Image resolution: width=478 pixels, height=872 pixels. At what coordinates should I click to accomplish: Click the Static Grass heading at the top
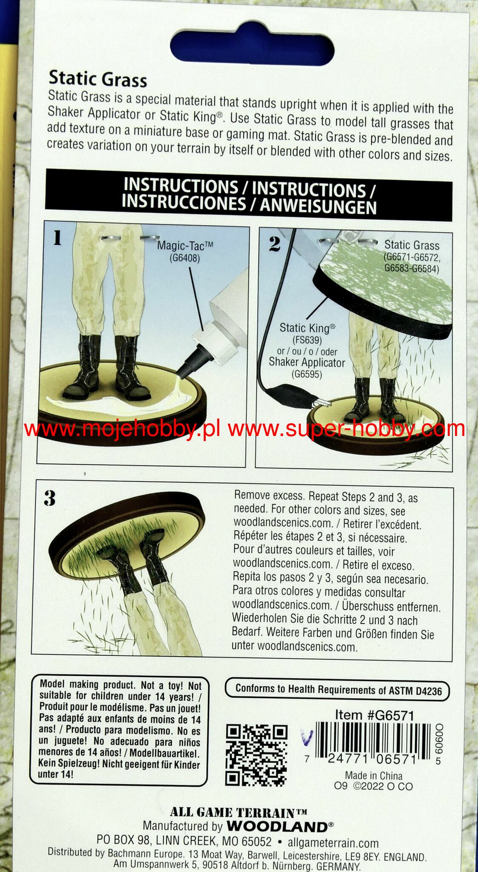click(98, 79)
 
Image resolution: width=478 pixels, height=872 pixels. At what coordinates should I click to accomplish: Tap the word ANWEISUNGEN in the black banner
click(318, 207)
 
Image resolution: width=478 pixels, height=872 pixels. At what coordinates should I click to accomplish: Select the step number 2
click(275, 244)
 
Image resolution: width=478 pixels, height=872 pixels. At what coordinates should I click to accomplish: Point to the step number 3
click(50, 498)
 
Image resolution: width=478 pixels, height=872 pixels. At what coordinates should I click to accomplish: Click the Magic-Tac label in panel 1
click(185, 245)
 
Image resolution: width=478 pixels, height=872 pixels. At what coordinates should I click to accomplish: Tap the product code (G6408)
click(184, 258)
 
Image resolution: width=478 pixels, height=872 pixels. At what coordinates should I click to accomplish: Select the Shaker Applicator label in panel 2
click(307, 363)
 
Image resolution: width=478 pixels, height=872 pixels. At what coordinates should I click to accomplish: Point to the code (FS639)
click(307, 340)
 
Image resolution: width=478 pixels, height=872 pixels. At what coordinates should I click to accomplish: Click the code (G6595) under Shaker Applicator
click(307, 375)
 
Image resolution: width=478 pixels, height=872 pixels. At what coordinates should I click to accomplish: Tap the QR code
click(256, 755)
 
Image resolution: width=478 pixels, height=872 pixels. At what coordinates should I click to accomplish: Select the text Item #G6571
click(374, 715)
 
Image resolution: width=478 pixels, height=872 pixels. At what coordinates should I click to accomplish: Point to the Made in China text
click(373, 775)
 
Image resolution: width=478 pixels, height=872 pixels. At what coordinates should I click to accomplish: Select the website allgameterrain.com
click(333, 843)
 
